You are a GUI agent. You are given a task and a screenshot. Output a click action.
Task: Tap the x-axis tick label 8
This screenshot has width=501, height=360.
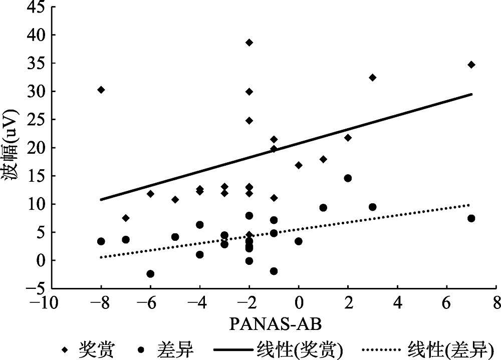pyautogui.click(x=496, y=303)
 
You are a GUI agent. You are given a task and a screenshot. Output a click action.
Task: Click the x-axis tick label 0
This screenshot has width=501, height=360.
pyautogui.click(x=299, y=303)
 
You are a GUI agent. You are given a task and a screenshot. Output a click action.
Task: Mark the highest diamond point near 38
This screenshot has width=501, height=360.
pyautogui.click(x=249, y=43)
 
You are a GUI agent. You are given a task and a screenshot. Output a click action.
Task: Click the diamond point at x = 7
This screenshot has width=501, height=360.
pyautogui.click(x=471, y=65)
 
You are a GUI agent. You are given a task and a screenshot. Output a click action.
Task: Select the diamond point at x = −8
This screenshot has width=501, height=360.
pyautogui.click(x=101, y=90)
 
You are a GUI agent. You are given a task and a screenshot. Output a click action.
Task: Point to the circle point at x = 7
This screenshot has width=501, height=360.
pyautogui.click(x=471, y=218)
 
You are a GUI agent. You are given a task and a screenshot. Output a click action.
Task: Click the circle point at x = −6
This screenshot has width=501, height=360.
pyautogui.click(x=150, y=274)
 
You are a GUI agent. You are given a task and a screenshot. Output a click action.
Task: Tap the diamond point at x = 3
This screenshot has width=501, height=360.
pyautogui.click(x=372, y=78)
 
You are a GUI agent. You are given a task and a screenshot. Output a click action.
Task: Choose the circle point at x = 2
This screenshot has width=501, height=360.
pyautogui.click(x=348, y=178)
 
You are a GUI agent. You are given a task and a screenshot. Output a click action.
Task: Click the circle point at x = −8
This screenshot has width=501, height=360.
pyautogui.click(x=101, y=241)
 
